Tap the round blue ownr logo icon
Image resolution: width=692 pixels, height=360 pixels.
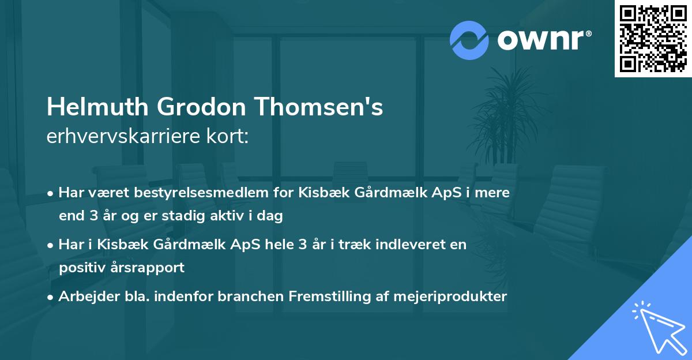(469, 40)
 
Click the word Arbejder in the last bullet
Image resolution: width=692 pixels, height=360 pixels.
(83, 297)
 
